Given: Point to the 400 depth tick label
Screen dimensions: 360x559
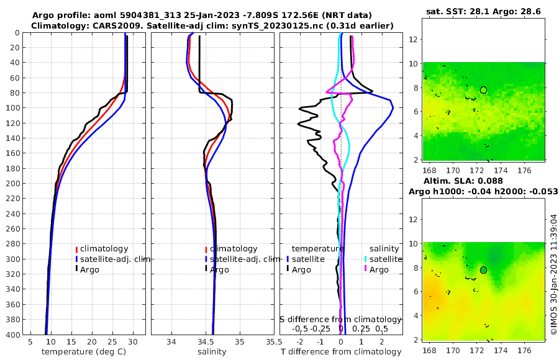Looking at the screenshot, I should pos(13,334).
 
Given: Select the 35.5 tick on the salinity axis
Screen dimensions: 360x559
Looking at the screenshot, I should pos(270,342).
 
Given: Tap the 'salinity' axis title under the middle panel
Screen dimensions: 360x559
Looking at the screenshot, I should pos(211,352).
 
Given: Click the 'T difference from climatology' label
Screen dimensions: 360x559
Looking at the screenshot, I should pos(341,352).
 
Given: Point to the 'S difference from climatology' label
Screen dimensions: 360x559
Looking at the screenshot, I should pos(340,319).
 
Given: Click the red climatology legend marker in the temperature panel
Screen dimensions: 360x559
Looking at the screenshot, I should pos(76,249).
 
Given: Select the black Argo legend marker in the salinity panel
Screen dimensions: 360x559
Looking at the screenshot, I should pos(206,269).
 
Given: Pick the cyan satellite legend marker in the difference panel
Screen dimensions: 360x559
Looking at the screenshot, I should pos(366,259).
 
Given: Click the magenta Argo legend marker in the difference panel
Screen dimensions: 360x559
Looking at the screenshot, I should pos(366,269).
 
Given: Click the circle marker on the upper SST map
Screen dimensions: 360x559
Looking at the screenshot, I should pos(483,90).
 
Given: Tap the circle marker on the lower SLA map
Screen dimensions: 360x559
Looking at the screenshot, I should pos(483,270).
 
